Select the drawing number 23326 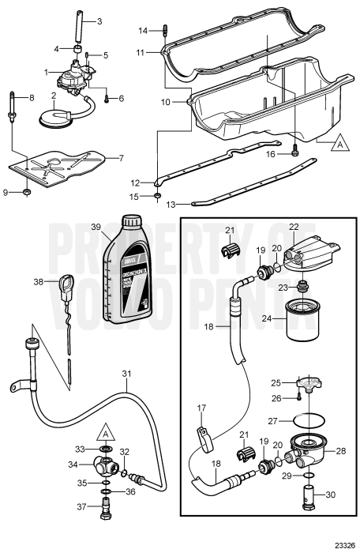click(338, 544)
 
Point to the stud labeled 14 click(164, 31)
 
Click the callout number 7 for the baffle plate click(121, 158)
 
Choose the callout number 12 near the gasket click(137, 183)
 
